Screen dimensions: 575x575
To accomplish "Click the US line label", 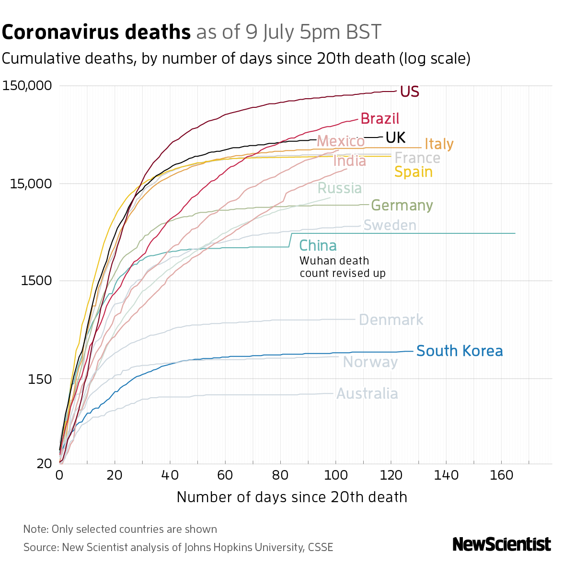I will coord(410,92).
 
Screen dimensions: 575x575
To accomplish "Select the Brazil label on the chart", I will coord(379,119).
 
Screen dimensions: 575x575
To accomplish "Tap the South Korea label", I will coord(460,351).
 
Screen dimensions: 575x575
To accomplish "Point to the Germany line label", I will coord(402,206).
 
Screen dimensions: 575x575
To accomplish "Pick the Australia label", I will coord(367,394).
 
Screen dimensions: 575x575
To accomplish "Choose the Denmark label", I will coord(391,320).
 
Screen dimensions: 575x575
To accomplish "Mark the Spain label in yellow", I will coord(413,172).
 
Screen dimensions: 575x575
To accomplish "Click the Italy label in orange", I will coord(439,144).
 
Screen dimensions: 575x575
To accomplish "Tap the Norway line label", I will coord(370,362).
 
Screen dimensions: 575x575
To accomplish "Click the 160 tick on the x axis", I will coord(502,475).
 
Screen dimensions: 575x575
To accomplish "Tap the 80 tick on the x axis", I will coord(281,475).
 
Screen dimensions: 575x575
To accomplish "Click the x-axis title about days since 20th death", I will coord(292,497).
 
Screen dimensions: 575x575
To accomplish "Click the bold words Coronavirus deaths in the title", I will coord(96,33).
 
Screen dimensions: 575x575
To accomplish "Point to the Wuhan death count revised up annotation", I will coord(342,267).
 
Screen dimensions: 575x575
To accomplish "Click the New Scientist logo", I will coord(502,544).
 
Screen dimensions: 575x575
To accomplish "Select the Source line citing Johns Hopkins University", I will coord(178,547).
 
